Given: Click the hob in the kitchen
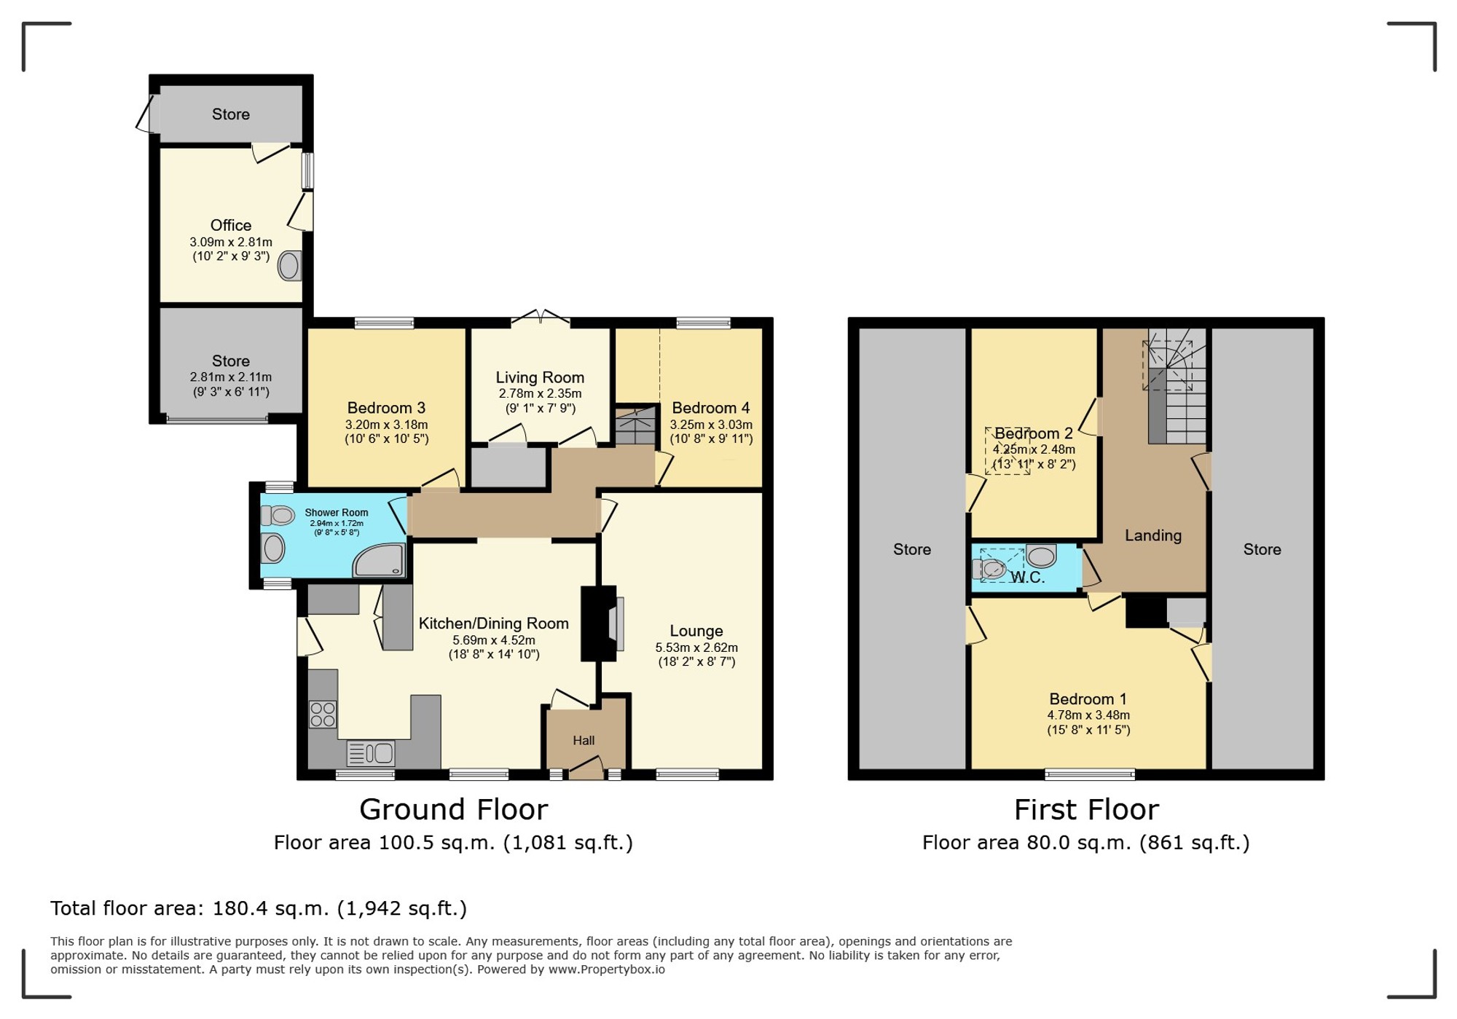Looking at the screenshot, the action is (x=323, y=714).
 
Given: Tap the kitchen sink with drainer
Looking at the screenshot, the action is (x=371, y=753).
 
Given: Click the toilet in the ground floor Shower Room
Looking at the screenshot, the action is (x=278, y=516).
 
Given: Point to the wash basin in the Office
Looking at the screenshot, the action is (x=289, y=266).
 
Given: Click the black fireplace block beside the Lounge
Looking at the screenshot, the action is (x=598, y=623).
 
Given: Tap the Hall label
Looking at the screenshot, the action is (x=584, y=741).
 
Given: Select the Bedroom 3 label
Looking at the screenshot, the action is (x=386, y=408).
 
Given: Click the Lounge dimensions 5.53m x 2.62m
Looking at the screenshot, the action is (x=696, y=648).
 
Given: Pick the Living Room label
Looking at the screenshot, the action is (x=540, y=377).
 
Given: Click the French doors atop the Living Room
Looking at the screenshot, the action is (x=541, y=317).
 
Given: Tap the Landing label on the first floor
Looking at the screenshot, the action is (x=1153, y=535).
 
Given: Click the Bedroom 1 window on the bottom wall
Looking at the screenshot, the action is (x=1090, y=774).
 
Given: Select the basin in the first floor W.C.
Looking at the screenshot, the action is (x=1041, y=556).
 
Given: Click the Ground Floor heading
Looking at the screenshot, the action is (x=453, y=809).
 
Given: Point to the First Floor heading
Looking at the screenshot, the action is (x=1086, y=809).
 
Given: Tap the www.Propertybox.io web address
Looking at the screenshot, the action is (x=607, y=969).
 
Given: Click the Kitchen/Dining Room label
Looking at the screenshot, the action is (x=494, y=623).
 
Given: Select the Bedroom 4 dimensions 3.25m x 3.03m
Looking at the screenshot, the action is (x=711, y=425).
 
